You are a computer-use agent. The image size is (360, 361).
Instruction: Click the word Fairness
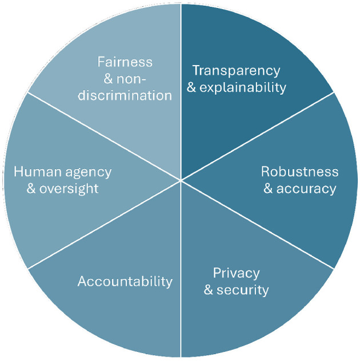click(x=125, y=61)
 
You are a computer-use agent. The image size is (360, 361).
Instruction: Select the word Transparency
click(x=236, y=71)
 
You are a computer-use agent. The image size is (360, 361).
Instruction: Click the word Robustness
click(x=299, y=172)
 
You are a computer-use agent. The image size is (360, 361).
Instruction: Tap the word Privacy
click(x=236, y=272)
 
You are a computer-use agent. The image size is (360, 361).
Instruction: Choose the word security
click(x=242, y=290)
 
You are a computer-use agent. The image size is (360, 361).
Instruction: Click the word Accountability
click(x=125, y=281)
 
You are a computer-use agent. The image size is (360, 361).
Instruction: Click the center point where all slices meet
click(x=181, y=181)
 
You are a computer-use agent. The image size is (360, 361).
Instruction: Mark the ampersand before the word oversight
click(x=31, y=188)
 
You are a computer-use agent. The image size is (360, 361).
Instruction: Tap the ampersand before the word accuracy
click(x=269, y=188)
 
